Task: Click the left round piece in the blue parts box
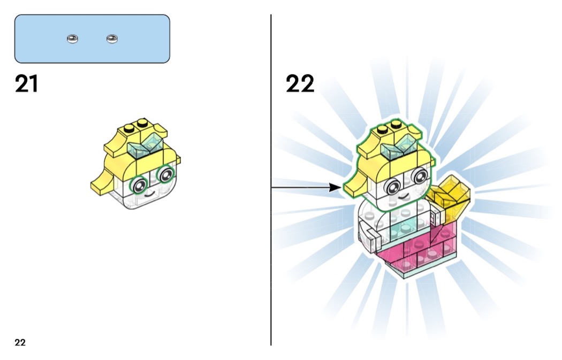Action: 72,39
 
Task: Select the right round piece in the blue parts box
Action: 112,39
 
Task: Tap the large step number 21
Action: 26,84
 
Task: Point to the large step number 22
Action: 300,84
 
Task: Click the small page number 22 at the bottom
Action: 20,343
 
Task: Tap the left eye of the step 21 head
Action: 140,185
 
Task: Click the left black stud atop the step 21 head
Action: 129,128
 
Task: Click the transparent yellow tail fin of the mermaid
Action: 452,194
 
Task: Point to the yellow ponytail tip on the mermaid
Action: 353,186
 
